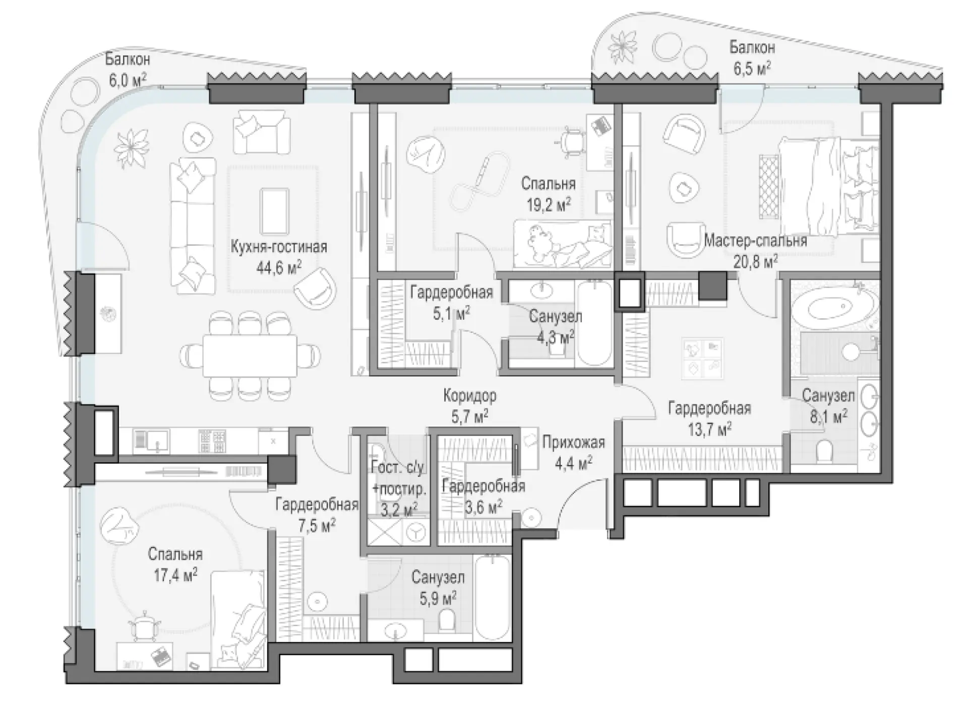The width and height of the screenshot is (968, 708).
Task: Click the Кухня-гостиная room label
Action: point(279,247)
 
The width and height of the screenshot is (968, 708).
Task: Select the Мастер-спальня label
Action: point(755,240)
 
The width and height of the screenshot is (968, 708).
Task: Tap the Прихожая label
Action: point(573,443)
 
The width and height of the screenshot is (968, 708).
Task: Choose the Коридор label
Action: point(470,396)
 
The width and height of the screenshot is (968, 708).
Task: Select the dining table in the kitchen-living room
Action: point(250,355)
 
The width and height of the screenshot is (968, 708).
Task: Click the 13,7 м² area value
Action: point(709,429)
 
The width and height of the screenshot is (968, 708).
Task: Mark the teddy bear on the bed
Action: point(540,241)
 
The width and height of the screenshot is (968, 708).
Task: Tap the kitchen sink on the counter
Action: point(151,441)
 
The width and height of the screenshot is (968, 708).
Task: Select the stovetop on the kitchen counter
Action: point(212,441)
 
